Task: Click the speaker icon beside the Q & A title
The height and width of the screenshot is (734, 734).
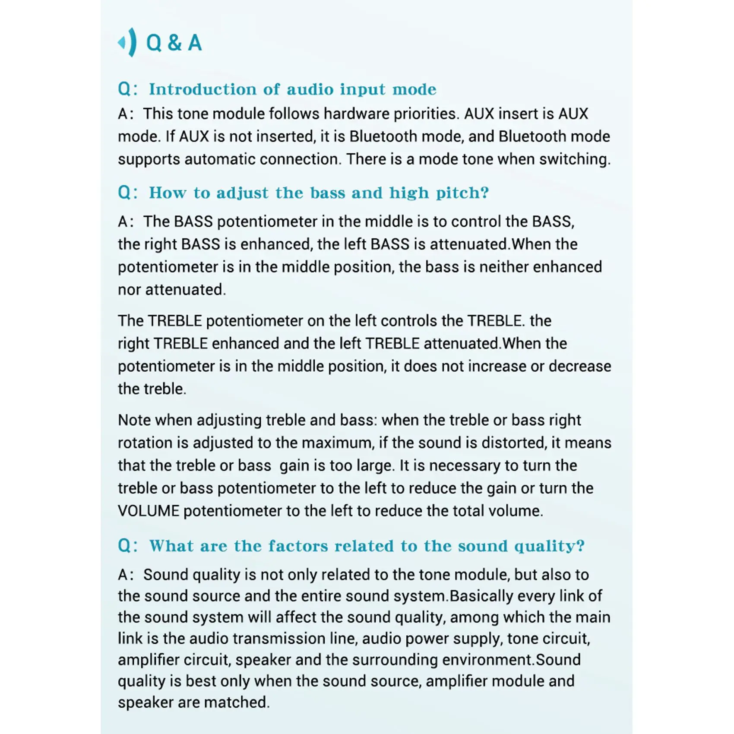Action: pyautogui.click(x=127, y=42)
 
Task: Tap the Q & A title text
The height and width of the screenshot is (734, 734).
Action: pyautogui.click(x=174, y=43)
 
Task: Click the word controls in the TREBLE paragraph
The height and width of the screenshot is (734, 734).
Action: pyautogui.click(x=409, y=321)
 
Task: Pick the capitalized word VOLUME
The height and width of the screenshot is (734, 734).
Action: pyautogui.click(x=149, y=511)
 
